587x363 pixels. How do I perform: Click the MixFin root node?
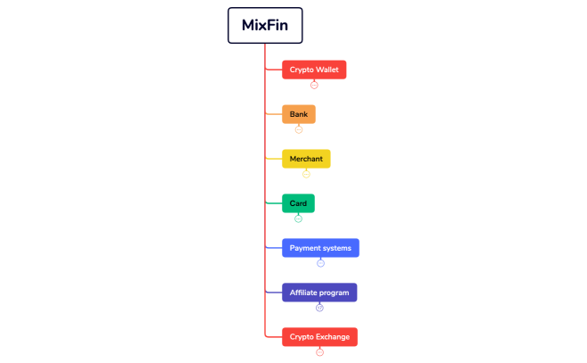click(265, 25)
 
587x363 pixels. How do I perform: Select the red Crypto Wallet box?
click(314, 70)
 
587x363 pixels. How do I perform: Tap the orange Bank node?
click(299, 114)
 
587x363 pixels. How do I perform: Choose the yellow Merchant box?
click(306, 159)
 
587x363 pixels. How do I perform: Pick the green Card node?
click(298, 203)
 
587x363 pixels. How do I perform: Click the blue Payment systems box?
click(320, 248)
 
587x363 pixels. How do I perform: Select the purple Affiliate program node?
click(319, 293)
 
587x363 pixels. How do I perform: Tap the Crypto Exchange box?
click(319, 337)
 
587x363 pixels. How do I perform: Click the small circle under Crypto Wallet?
click(314, 85)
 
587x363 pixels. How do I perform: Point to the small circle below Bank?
click(299, 129)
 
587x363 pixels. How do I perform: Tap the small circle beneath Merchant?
click(306, 174)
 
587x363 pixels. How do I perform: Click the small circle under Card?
click(298, 219)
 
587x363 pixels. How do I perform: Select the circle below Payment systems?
click(320, 263)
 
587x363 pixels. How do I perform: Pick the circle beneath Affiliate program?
click(319, 308)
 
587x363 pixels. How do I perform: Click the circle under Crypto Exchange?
click(319, 352)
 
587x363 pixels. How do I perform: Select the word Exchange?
click(333, 337)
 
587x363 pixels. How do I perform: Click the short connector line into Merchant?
click(274, 159)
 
